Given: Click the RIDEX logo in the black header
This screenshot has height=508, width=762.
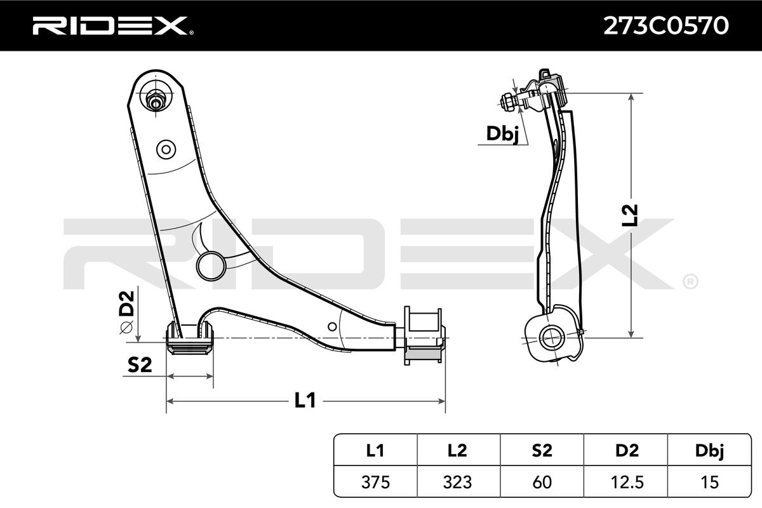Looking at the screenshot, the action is click(x=109, y=25).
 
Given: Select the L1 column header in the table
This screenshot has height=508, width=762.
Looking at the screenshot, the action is click(x=375, y=451).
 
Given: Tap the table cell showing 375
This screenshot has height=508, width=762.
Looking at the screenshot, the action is click(x=375, y=482).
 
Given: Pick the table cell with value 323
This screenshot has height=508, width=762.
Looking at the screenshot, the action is click(x=458, y=482).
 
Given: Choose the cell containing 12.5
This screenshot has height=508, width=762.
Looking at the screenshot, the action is click(x=627, y=482).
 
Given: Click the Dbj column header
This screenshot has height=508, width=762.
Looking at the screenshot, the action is click(x=710, y=451).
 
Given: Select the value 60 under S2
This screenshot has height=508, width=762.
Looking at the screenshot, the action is click(x=542, y=482).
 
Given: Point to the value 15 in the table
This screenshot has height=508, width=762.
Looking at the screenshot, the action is click(x=710, y=482).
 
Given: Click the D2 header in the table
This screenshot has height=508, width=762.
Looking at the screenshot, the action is click(x=627, y=451).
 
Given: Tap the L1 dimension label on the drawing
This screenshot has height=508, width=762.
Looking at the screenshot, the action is click(x=305, y=400).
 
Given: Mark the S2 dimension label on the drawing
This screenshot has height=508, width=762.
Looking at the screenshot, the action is click(x=140, y=364).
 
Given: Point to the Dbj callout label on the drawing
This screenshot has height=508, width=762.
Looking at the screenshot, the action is click(x=502, y=133).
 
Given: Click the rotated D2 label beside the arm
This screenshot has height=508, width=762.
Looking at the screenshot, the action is click(x=127, y=303).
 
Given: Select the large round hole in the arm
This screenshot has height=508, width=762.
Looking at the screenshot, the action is click(x=210, y=265).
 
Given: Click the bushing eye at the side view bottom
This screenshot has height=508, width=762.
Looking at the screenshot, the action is click(x=551, y=337).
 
